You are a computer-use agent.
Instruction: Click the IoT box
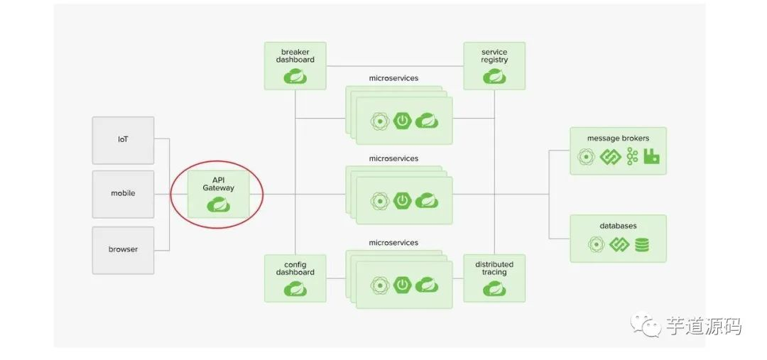tap(123, 139)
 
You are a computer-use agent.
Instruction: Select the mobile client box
tap(123, 193)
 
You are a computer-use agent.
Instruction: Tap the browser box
tap(123, 250)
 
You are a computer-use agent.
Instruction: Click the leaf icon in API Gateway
tap(218, 206)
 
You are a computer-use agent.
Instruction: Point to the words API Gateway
tap(218, 183)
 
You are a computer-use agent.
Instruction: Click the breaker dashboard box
tap(295, 65)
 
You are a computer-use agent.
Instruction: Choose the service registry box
tap(494, 65)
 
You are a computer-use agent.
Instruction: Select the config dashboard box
tap(295, 278)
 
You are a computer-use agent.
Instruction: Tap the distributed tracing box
tap(494, 278)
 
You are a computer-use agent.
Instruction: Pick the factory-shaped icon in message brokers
tap(651, 157)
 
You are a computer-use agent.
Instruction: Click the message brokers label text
tap(618, 138)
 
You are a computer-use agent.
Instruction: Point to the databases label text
tap(618, 226)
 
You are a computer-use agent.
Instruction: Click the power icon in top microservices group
tap(403, 121)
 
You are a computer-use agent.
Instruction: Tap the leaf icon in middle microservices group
tap(426, 201)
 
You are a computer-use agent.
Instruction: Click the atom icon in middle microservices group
tap(380, 201)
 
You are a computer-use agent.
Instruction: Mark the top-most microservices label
tap(393, 77)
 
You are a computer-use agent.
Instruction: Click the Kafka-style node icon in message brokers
tap(632, 157)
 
